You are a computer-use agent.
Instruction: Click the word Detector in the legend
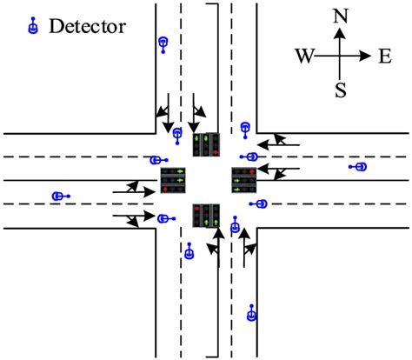(87, 26)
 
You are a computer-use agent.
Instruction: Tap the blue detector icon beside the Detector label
(33, 26)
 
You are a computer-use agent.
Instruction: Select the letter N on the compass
(340, 15)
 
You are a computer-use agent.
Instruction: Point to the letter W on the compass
(303, 56)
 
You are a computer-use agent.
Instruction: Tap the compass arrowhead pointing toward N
(340, 32)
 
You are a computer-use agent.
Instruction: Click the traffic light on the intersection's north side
(207, 143)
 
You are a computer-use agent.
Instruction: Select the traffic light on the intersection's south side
(206, 215)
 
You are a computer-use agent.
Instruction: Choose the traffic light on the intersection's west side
(174, 180)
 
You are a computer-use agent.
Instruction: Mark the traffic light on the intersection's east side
(243, 179)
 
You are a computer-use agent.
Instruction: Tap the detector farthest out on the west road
(58, 197)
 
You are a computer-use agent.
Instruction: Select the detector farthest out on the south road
(252, 312)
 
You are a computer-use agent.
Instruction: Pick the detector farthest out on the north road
(163, 43)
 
